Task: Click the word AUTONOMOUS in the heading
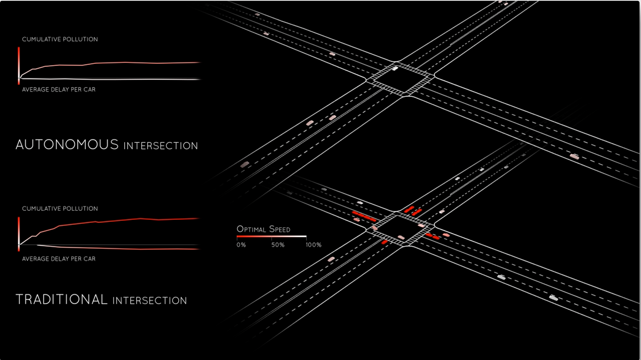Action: [67, 144]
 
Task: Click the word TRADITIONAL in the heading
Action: [62, 299]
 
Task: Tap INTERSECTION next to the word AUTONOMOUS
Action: [161, 146]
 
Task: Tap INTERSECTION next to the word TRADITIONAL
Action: [150, 301]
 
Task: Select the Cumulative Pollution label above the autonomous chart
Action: [60, 39]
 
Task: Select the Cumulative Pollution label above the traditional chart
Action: [60, 209]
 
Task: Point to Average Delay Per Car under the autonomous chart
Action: [59, 89]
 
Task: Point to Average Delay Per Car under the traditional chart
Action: [59, 259]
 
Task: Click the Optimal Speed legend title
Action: [263, 229]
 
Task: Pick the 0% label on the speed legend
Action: [241, 245]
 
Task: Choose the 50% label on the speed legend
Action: [278, 245]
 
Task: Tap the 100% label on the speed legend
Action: [313, 245]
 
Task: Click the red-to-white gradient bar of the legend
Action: [271, 237]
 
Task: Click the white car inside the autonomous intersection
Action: [395, 68]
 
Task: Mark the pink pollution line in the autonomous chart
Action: [110, 63]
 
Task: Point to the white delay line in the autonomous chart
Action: [110, 79]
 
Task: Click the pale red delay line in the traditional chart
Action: [110, 248]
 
